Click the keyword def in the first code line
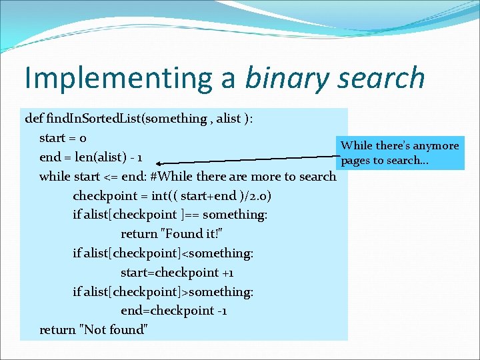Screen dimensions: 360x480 tap(34, 119)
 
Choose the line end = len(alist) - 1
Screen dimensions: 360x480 tap(97, 157)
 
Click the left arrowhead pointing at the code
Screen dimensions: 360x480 tap(162, 162)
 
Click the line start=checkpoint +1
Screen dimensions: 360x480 tap(177, 273)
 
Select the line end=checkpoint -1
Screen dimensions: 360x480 tap(173, 311)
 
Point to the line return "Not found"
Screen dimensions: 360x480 tap(93, 329)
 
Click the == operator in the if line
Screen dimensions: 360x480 tap(189, 215)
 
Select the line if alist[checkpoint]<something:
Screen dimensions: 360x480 tap(163, 253)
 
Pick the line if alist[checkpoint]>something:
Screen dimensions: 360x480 tap(163, 291)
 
